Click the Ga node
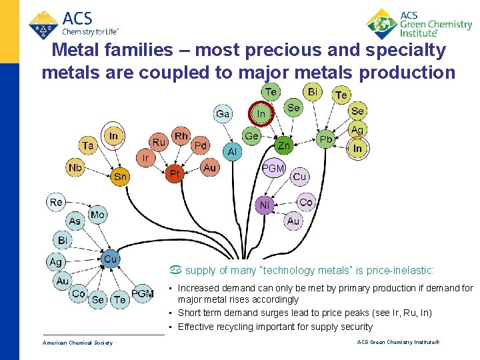(223, 113)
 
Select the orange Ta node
(88, 144)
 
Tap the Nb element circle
(75, 168)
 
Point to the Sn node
(120, 177)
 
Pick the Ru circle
(159, 142)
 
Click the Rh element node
(181, 136)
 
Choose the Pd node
(200, 145)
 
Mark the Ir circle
(146, 158)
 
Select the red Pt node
(175, 174)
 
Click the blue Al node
(232, 152)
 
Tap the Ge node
(251, 136)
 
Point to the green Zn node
(283, 145)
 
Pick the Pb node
(325, 139)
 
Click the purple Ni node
(265, 205)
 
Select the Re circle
(56, 201)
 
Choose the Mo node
(97, 215)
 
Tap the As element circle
(75, 221)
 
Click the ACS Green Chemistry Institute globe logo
(382, 25)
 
